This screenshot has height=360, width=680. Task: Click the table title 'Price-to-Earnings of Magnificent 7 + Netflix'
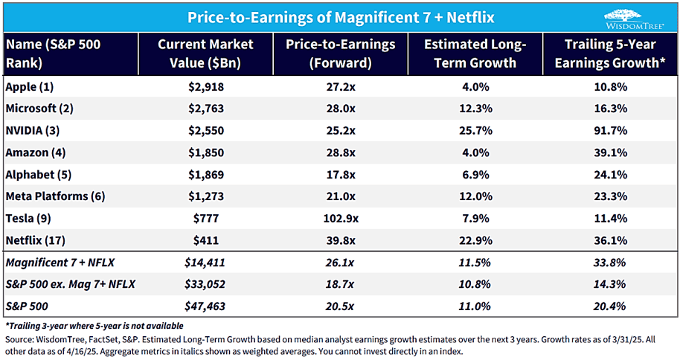coord(340,16)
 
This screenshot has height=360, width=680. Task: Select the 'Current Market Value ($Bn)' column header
coord(206,54)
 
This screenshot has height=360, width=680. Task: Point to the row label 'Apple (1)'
coord(32,87)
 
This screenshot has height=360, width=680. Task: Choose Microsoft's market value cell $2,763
coord(206,109)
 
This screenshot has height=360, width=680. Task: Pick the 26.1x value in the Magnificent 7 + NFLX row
coord(340,263)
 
